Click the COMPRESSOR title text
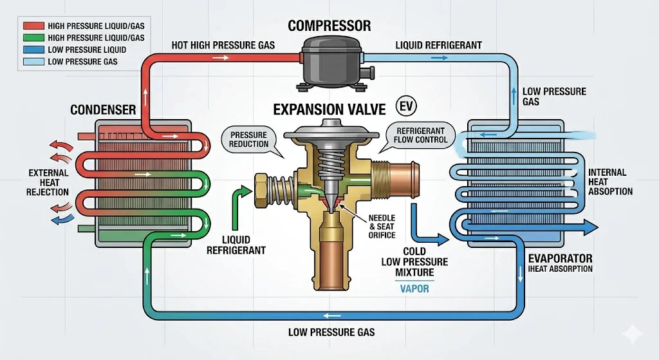click(329, 26)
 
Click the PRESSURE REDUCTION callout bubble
click(249, 139)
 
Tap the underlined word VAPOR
click(414, 289)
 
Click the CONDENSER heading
click(103, 110)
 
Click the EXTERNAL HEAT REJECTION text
click(48, 182)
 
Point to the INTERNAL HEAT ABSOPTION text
click(610, 182)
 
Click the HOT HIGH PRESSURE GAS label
click(223, 45)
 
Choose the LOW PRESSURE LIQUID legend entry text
click(87, 50)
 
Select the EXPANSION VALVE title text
click(329, 109)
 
